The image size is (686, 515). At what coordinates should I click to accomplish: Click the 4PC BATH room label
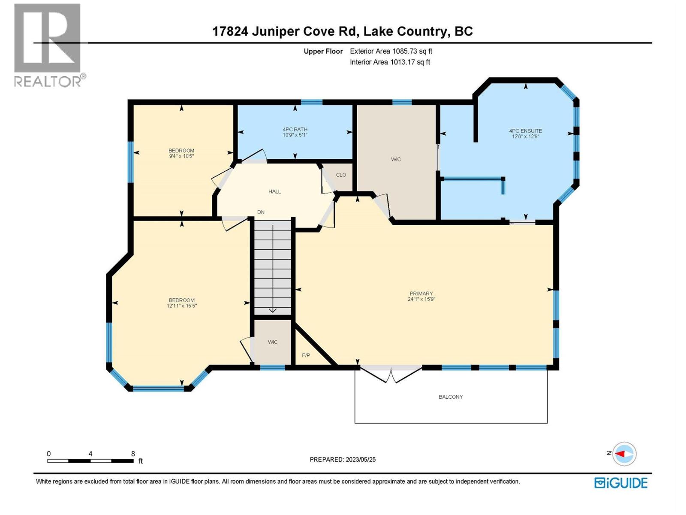(x=295, y=129)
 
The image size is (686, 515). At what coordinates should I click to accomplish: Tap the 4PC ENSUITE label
(x=525, y=131)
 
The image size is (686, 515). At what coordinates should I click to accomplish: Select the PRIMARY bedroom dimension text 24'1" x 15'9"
(x=421, y=300)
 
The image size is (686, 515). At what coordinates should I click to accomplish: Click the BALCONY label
(x=451, y=397)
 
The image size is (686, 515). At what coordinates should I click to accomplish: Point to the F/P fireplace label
(x=306, y=355)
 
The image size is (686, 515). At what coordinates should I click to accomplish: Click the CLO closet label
(x=341, y=175)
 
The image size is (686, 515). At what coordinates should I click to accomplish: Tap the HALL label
(x=274, y=191)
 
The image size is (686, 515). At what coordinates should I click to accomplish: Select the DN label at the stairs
(x=261, y=212)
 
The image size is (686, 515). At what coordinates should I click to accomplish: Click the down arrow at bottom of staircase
(x=273, y=310)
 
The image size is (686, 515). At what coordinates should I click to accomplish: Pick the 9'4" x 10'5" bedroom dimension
(x=181, y=156)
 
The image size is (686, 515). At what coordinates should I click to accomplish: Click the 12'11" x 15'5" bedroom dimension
(x=182, y=306)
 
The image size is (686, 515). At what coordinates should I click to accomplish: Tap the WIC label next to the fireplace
(x=273, y=342)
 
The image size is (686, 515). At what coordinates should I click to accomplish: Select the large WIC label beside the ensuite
(x=396, y=159)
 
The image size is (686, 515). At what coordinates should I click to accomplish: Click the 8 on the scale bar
(x=133, y=454)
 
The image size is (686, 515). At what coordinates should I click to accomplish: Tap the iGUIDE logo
(x=621, y=483)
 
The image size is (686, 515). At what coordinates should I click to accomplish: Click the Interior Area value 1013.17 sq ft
(x=409, y=62)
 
